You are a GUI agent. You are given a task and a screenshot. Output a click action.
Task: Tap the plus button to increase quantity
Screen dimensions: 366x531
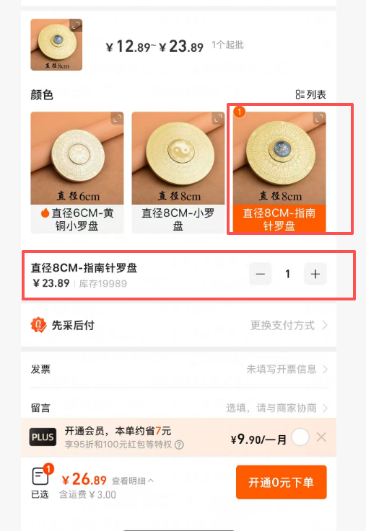coord(315,274)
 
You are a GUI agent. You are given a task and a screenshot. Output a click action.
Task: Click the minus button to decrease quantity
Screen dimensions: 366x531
coord(260,274)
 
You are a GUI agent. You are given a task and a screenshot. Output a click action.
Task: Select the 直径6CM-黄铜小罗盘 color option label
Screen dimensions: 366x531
coord(77,219)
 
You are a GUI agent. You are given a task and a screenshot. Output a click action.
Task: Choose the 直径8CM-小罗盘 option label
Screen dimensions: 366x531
coord(178,219)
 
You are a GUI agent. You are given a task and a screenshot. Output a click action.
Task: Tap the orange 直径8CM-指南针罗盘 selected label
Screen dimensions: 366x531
coord(279,219)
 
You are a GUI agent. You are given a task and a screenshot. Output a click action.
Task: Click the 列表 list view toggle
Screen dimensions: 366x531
coord(310,94)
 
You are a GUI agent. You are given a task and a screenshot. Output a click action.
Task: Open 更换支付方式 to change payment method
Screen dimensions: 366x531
coord(289,326)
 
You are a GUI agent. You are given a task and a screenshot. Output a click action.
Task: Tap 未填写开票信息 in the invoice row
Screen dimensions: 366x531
coord(287,369)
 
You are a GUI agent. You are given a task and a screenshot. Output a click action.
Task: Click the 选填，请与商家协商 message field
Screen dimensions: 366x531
coord(276,408)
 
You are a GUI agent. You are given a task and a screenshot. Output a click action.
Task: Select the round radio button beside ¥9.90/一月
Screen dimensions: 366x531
coord(300,437)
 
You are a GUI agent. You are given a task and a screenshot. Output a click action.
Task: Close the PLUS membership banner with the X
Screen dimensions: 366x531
coord(321,437)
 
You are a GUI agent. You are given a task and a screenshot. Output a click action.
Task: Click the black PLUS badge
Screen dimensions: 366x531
coord(43,437)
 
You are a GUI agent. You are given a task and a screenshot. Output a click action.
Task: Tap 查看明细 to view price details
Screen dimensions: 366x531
coord(133,481)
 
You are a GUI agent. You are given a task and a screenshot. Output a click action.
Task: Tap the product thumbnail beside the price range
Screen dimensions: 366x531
coord(56,45)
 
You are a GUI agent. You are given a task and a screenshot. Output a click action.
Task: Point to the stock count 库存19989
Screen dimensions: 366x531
coord(103,284)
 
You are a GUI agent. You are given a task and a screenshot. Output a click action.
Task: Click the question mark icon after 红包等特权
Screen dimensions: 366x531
coord(179,445)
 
